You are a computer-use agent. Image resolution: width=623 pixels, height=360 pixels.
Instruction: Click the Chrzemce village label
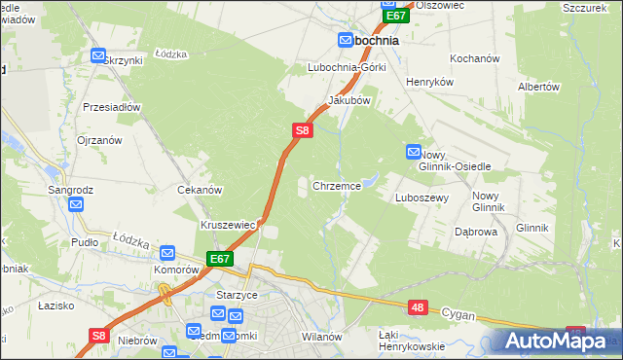pos(337,185)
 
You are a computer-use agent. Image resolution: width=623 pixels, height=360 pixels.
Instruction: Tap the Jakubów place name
pos(349,100)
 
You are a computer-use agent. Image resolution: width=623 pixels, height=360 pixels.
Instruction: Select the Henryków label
pos(430,83)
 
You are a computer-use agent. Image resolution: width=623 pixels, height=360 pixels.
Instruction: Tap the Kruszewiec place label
pos(228,225)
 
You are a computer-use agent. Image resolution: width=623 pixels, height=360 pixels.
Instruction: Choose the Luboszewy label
pos(421,198)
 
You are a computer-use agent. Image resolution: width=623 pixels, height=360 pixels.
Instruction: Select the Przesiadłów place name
pos(113,107)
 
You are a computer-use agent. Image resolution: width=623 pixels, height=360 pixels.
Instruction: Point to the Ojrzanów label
pos(99,140)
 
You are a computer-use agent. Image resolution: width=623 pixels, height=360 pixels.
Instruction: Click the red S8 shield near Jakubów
pos(302,128)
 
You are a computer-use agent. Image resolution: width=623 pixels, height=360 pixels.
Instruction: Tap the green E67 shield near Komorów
pos(219,259)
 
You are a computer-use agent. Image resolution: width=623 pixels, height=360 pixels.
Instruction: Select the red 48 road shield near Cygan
pos(418,307)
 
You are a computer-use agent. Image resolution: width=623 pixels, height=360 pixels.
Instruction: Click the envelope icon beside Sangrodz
pos(76,204)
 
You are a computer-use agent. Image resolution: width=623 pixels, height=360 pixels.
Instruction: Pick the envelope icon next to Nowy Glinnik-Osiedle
pos(413,152)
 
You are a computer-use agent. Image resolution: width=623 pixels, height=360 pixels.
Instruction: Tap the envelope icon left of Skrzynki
pos(97,55)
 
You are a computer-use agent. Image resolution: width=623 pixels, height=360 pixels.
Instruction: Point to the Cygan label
pos(458,314)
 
